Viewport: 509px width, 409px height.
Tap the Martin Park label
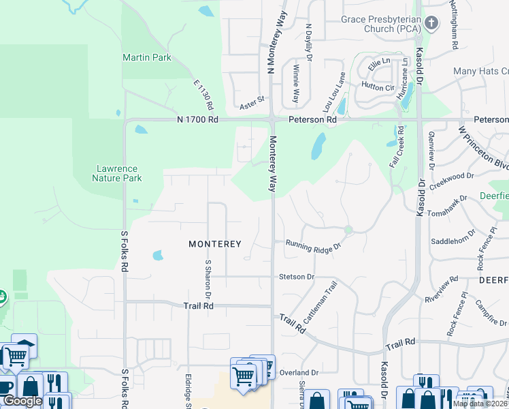(x=147, y=58)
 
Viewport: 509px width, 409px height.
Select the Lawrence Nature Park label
(x=117, y=173)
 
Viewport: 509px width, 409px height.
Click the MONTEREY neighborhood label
(x=215, y=243)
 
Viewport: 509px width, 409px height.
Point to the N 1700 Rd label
(x=197, y=119)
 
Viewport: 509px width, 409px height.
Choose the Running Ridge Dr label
(x=312, y=245)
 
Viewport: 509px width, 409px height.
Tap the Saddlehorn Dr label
(x=453, y=241)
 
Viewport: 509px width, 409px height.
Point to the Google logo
(x=22, y=402)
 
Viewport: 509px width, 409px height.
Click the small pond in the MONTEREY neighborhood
(x=158, y=256)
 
